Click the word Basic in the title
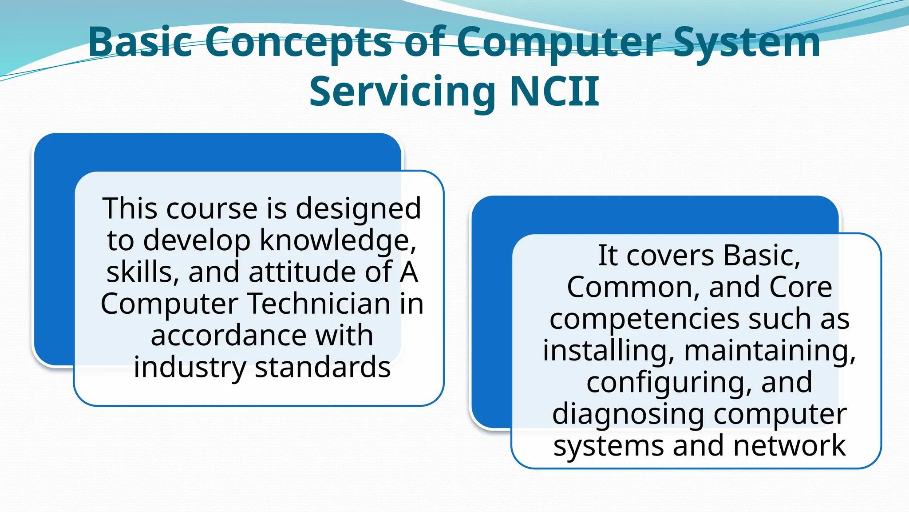[140, 42]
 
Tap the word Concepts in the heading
[298, 42]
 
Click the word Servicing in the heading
[402, 92]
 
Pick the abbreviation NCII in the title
[555, 92]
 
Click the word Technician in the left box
[319, 304]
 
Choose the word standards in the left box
[322, 367]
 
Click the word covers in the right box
[670, 256]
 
